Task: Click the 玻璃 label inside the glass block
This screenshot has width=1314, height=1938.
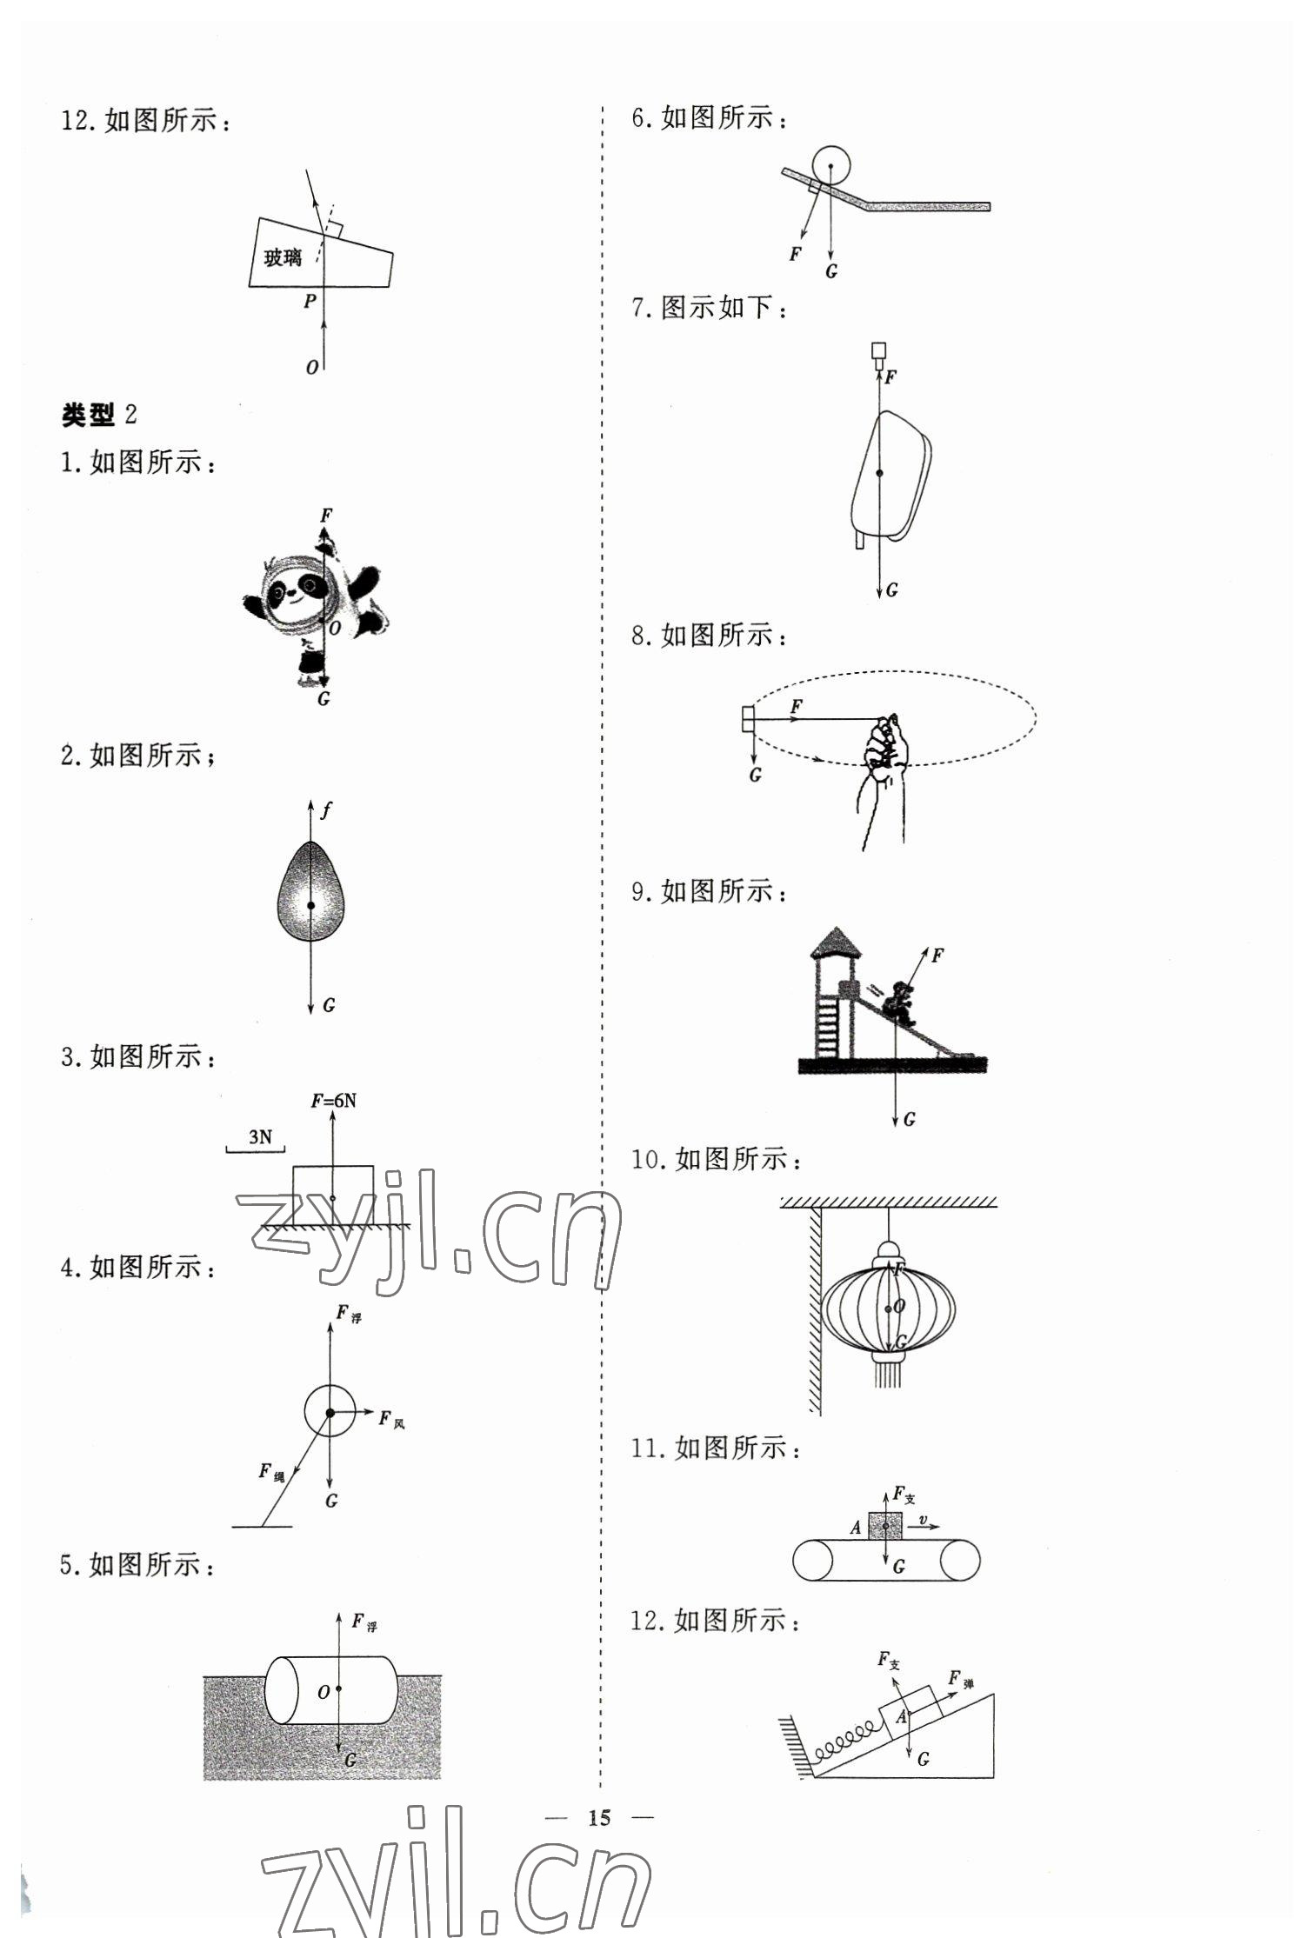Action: click(x=283, y=257)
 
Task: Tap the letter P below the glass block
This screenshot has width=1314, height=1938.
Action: click(x=310, y=302)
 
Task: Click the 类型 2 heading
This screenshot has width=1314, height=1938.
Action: click(x=98, y=415)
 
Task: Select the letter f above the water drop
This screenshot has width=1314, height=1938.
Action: click(x=325, y=810)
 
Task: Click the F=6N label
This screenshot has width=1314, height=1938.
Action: click(x=333, y=1101)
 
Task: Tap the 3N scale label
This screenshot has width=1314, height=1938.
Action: click(x=259, y=1136)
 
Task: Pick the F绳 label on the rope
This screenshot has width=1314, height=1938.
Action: click(x=270, y=1471)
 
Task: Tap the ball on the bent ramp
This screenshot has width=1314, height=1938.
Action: click(x=830, y=165)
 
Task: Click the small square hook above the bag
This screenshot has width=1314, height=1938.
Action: click(x=879, y=351)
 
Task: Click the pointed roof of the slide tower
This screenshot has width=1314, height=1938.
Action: click(x=836, y=942)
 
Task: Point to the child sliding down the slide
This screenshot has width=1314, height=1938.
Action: click(x=898, y=1003)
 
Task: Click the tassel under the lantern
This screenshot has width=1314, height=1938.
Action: click(x=888, y=1375)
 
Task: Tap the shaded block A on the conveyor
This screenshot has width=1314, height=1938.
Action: click(x=884, y=1525)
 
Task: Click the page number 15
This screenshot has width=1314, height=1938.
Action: click(x=599, y=1818)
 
